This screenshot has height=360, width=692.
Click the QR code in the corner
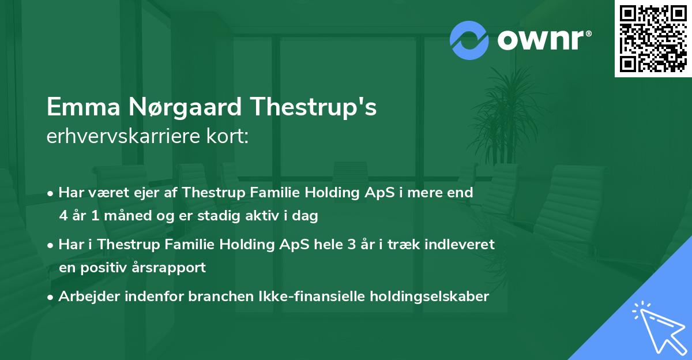point(653,38)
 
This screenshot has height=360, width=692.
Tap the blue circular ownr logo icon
point(469,40)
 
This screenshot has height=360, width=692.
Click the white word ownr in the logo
point(541,40)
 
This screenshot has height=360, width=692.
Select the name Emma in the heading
point(84,107)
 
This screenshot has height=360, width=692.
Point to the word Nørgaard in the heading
point(185,107)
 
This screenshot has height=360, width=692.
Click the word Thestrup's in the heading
point(313,107)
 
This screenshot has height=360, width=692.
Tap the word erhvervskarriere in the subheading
point(123,136)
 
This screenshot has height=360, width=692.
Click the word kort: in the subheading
point(227,136)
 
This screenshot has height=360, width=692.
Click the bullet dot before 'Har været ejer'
point(50,194)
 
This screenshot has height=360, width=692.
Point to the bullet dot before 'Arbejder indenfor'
point(50,298)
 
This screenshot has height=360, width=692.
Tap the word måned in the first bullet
point(127,215)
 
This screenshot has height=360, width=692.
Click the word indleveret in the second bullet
point(460,245)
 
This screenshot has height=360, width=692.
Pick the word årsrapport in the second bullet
point(168,268)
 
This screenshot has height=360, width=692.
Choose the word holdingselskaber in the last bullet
point(430,297)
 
